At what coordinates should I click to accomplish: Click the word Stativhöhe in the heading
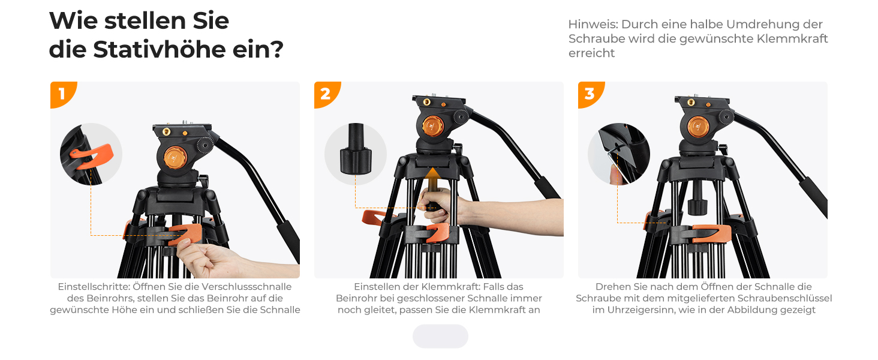click(160, 50)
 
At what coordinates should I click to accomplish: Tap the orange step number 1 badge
click(62, 94)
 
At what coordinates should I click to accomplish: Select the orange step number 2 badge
click(326, 94)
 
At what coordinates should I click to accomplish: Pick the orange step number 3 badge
click(590, 94)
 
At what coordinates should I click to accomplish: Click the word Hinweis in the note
click(593, 25)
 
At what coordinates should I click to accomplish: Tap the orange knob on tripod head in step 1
click(175, 158)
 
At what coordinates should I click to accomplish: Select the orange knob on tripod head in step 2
click(433, 126)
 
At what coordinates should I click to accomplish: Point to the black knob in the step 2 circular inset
click(356, 149)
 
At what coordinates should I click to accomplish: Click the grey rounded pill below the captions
click(440, 337)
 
